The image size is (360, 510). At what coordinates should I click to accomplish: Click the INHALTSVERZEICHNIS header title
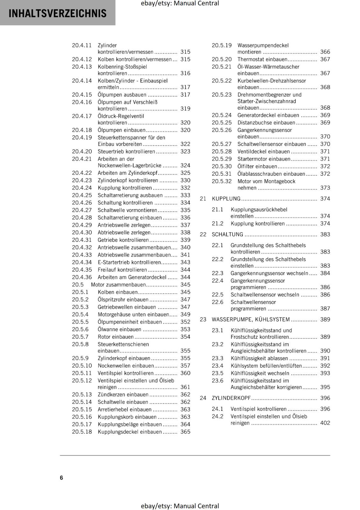57,13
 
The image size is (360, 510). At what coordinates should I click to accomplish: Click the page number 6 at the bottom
61,477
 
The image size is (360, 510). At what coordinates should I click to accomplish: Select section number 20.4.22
82,173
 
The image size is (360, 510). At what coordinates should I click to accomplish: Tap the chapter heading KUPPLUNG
226,199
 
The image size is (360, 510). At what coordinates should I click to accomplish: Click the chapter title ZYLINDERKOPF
231,398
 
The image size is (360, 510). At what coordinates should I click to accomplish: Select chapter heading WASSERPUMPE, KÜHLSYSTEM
251,319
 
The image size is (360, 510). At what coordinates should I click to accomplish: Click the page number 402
325,423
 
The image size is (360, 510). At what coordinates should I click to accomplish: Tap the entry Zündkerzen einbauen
123,395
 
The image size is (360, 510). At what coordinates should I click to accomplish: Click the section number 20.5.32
222,181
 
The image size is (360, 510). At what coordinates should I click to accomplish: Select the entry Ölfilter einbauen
257,166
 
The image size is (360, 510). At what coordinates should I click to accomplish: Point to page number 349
185,315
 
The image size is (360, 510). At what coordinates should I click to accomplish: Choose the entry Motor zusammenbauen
118,285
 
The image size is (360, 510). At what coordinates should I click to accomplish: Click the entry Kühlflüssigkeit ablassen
259,358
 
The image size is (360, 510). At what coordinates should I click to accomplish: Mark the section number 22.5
218,295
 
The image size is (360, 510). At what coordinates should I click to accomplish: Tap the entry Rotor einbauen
116,337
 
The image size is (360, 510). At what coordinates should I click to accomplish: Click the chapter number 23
203,319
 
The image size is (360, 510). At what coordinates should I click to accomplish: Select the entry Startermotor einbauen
264,159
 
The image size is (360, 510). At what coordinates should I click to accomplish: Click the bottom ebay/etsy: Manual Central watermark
180,506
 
